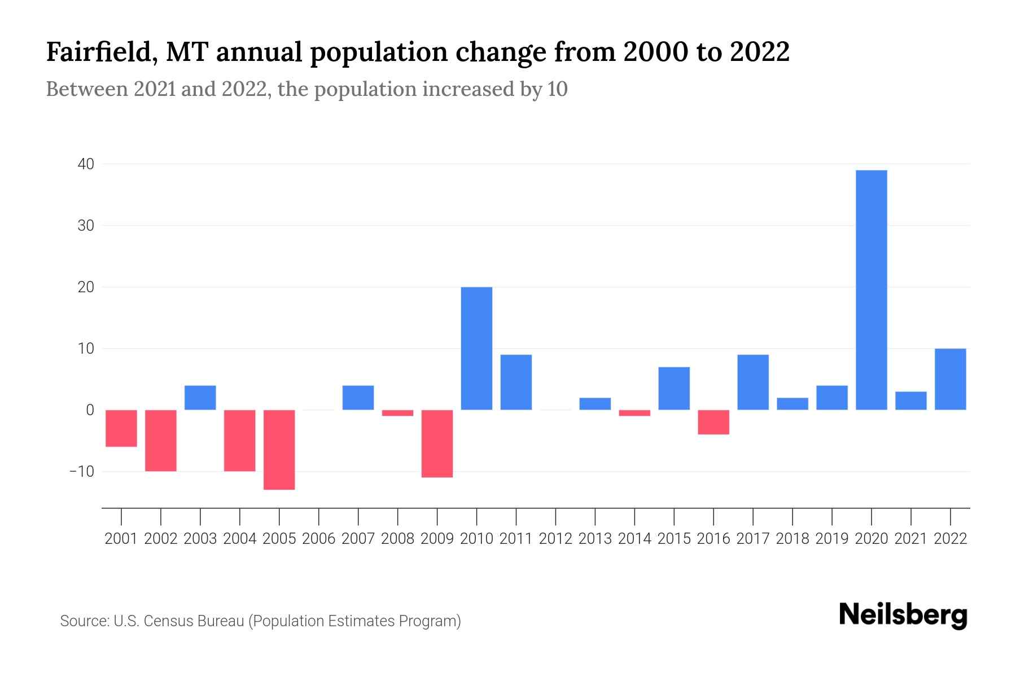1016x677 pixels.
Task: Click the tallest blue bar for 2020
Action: pos(872,290)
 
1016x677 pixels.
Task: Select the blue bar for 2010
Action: pos(476,349)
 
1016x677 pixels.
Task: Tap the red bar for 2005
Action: pos(279,450)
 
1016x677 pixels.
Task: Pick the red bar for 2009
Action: pos(437,443)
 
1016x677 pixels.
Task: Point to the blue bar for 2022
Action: pos(951,379)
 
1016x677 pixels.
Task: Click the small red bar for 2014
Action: pos(634,413)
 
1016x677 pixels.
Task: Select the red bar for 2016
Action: pos(713,422)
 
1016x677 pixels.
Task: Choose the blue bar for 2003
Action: pos(200,398)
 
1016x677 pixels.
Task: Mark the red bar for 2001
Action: pos(121,428)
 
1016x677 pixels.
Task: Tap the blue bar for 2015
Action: pos(674,388)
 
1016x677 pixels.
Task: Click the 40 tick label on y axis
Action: pos(86,164)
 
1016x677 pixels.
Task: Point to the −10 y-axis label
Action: pos(82,472)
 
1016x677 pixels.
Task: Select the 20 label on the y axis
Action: pos(86,287)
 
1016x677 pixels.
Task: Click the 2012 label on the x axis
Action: pos(555,539)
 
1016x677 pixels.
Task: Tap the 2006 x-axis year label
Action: pos(319,539)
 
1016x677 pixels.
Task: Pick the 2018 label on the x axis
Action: pos(792,539)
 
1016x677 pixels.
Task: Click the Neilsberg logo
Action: pos(903,615)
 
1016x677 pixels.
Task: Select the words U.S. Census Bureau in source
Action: pos(178,621)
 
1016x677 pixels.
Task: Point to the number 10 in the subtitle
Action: pos(557,89)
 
